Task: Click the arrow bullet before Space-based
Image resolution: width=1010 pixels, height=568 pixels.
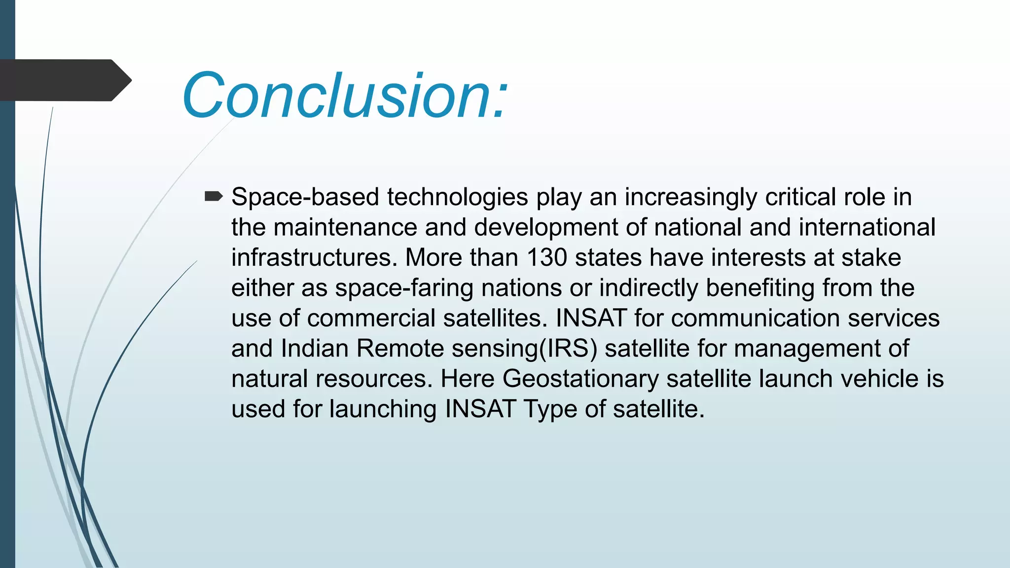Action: [x=214, y=197]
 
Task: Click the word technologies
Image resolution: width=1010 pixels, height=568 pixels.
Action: [x=457, y=197]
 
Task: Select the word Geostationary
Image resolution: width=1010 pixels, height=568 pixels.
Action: [x=580, y=379]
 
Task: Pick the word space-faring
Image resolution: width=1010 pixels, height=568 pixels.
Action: [x=404, y=288]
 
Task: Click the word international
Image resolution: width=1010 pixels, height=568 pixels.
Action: [x=866, y=228]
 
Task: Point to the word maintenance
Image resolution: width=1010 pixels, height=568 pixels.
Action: [x=345, y=228]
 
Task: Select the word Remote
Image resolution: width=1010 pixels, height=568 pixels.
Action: [x=399, y=349]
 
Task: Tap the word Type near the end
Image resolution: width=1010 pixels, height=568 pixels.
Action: [x=550, y=409]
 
